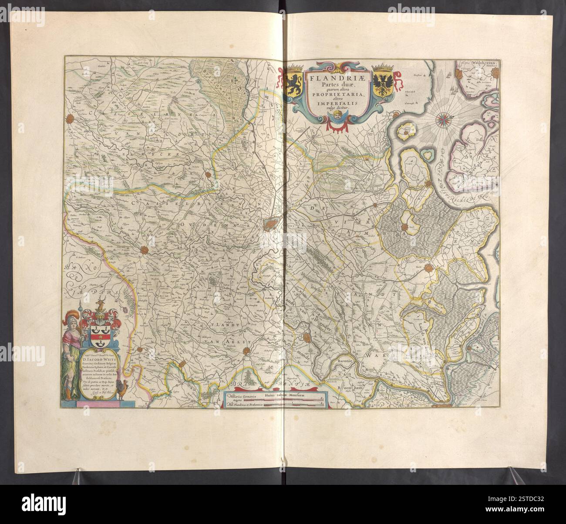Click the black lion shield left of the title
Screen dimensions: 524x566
(x=294, y=82)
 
